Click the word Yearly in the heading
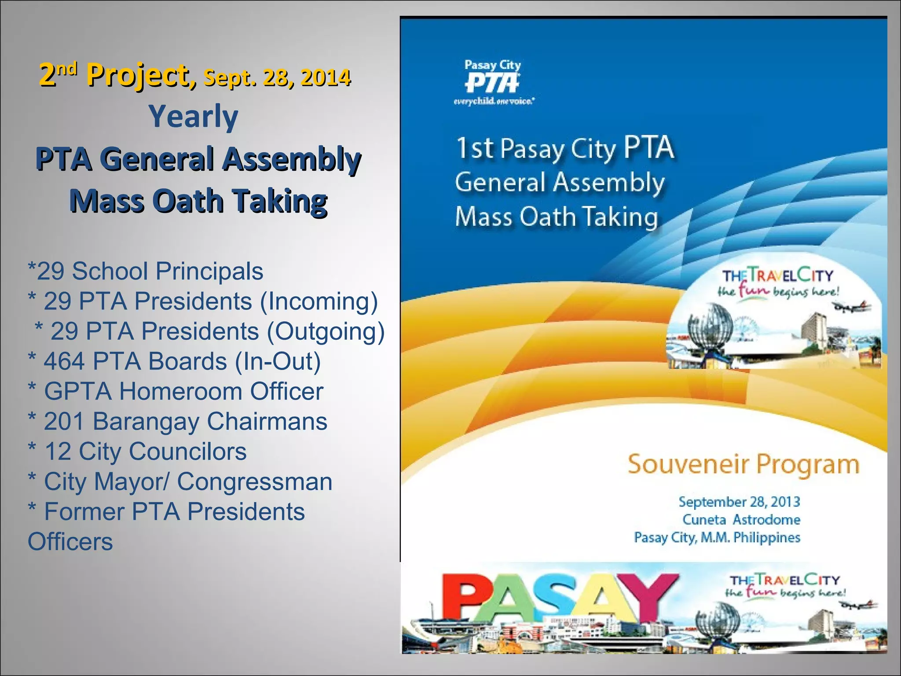point(193,117)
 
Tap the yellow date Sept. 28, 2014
point(277,78)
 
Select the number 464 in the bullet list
point(64,361)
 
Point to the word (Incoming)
point(319,301)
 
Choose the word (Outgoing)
point(326,331)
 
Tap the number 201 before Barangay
point(64,422)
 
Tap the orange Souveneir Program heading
point(743,465)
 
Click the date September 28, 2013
point(739,502)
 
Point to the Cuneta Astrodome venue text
point(741,520)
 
